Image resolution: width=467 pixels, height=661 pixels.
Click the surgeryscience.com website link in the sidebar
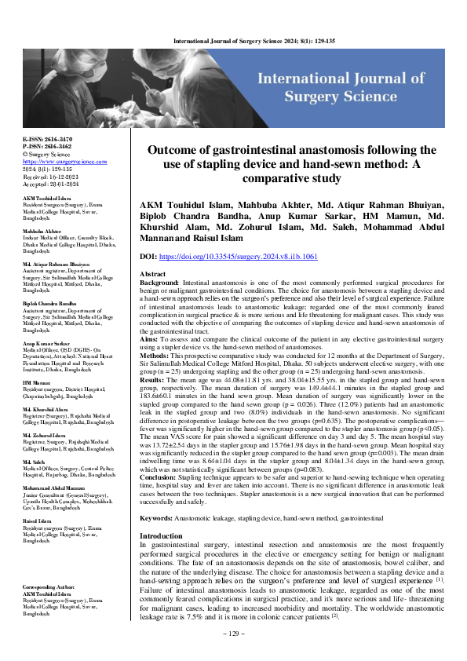53,161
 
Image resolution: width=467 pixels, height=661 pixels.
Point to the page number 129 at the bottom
233,633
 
